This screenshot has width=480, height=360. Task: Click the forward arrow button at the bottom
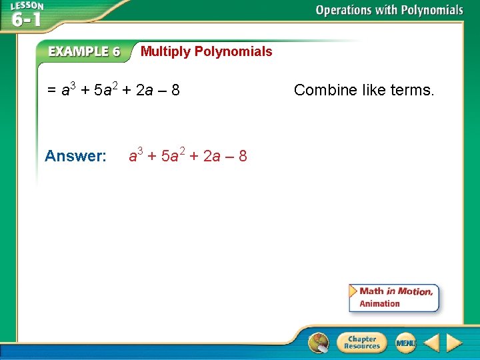point(454,343)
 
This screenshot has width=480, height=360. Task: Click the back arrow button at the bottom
point(432,343)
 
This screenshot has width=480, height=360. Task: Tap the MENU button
point(405,343)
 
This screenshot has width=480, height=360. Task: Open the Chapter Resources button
point(361,343)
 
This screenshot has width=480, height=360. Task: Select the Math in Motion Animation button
point(394,297)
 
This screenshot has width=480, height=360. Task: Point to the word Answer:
point(75,157)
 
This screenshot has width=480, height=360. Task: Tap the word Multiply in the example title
point(165,52)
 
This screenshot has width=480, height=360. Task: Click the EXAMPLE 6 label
point(84,52)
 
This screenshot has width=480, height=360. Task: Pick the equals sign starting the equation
point(52,90)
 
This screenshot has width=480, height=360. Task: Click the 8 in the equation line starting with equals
point(175,90)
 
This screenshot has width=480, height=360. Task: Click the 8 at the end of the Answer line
point(243,157)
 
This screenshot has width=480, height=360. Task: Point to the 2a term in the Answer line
point(211,157)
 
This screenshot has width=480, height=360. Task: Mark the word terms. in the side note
point(413,90)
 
